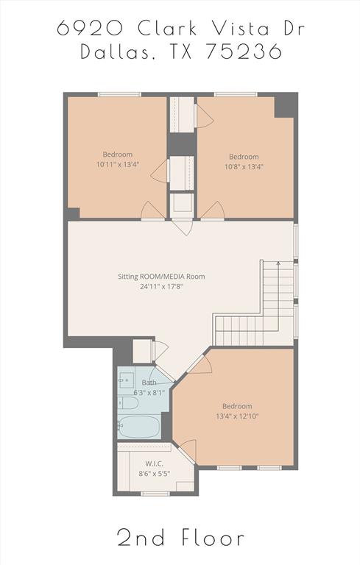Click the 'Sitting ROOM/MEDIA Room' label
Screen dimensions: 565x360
[161, 277]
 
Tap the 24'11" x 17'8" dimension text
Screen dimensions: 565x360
[161, 287]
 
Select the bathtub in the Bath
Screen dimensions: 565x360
[140, 427]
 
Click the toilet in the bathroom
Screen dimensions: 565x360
[127, 403]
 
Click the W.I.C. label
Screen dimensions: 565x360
[154, 463]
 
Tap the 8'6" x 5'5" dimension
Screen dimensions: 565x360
[154, 473]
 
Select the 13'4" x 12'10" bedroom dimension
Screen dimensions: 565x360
[237, 416]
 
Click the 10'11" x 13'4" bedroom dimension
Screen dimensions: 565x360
[118, 165]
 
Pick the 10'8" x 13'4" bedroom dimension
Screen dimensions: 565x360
[243, 166]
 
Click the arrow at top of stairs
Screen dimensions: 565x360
[278, 262]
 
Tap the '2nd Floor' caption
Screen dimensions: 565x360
[180, 538]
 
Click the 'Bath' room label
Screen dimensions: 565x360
[149, 383]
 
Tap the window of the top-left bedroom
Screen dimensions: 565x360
[119, 94]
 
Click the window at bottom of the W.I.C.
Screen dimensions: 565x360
[155, 494]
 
